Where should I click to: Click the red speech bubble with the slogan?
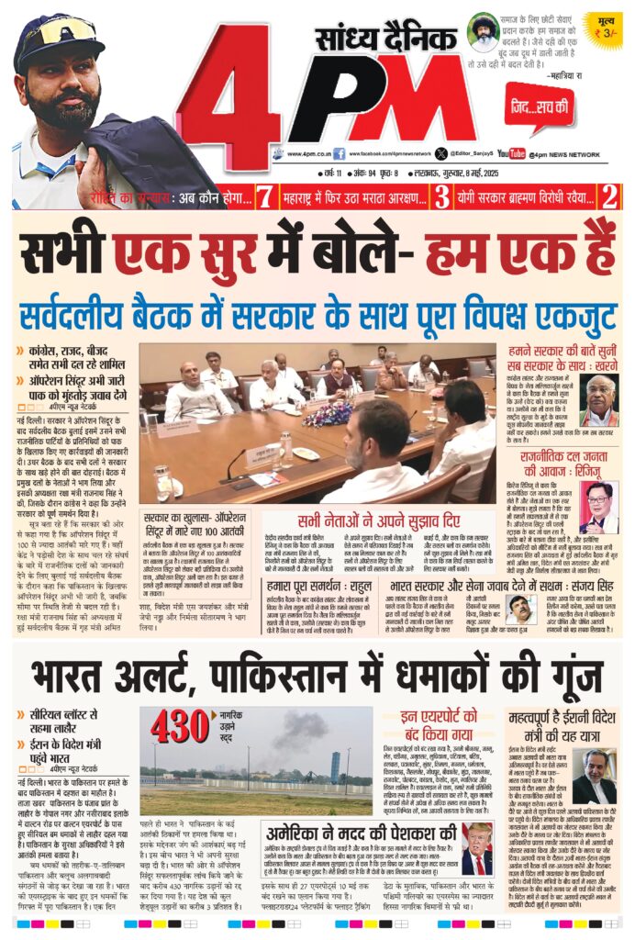(539, 107)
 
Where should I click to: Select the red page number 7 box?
(264, 196)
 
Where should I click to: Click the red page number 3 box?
(441, 196)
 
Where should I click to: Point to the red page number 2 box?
(608, 196)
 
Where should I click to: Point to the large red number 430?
(181, 726)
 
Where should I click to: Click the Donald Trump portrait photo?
(476, 849)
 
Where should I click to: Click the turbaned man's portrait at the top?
(482, 36)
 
